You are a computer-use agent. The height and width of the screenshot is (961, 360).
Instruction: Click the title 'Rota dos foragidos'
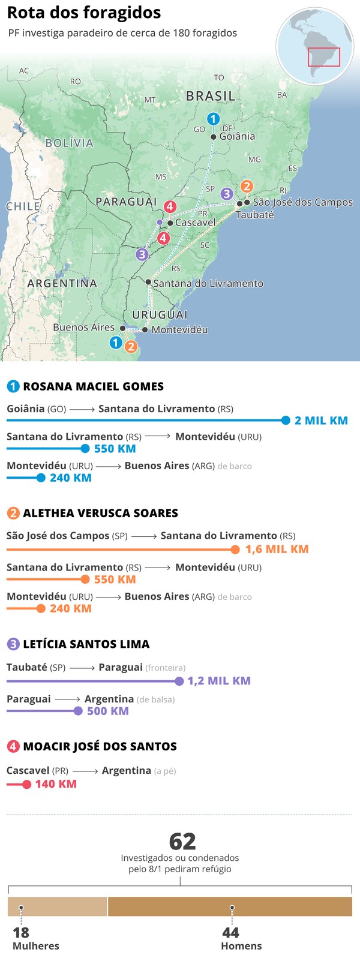(84, 13)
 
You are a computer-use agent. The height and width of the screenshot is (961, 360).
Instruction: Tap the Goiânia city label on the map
(237, 136)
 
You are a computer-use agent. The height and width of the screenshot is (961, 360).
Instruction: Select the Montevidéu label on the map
(179, 330)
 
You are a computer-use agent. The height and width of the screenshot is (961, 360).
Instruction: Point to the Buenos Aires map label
(83, 328)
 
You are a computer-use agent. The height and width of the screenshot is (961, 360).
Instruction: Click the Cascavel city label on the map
(195, 223)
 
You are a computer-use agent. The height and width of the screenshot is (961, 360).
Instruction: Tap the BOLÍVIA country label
(70, 143)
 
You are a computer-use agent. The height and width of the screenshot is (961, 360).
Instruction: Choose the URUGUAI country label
(160, 315)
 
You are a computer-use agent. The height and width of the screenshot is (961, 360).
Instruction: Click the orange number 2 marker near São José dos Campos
(246, 187)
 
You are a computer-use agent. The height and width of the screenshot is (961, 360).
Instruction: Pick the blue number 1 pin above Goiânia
(213, 119)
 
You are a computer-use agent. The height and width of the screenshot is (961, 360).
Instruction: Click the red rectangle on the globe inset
(324, 57)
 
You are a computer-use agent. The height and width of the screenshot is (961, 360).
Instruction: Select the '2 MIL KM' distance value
(321, 421)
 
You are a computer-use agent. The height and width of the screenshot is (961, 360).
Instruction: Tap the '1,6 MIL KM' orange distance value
(277, 549)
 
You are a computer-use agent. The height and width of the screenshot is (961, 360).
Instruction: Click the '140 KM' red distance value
(56, 784)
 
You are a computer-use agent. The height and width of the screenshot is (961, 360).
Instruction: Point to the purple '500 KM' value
(108, 711)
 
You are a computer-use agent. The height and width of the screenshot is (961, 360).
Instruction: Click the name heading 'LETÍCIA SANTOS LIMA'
(86, 644)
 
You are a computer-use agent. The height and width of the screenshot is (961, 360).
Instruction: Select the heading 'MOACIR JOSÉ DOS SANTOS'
(100, 746)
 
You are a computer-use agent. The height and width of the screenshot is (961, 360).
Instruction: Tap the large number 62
(182, 842)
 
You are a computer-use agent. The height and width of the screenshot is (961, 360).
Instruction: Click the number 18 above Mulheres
(21, 932)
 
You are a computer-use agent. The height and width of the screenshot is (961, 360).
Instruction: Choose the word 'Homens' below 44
(241, 946)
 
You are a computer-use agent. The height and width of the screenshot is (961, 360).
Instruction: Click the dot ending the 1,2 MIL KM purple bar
(179, 681)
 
